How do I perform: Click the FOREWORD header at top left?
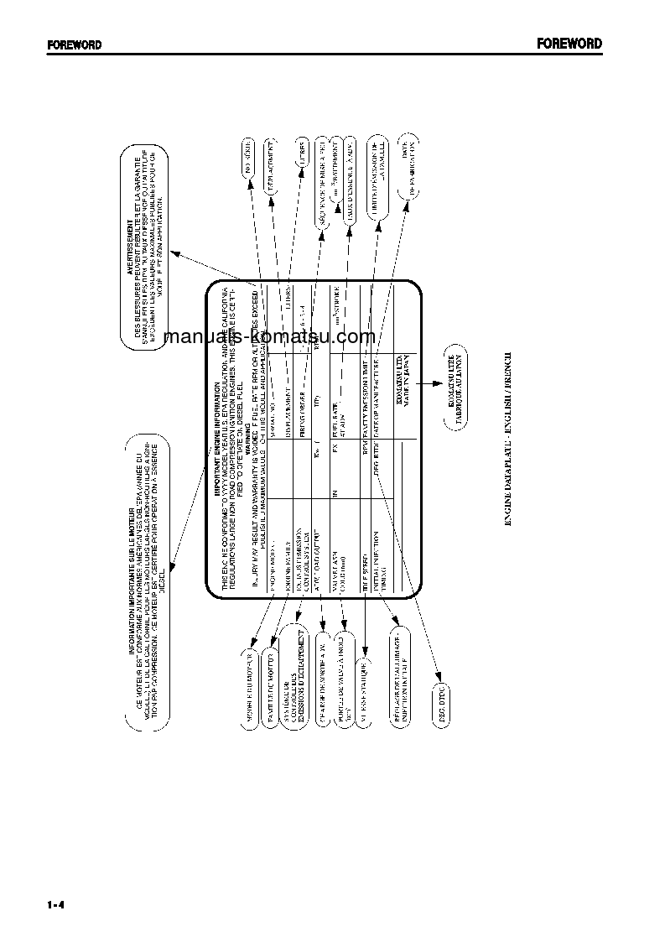point(74,45)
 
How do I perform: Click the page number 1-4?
point(56,904)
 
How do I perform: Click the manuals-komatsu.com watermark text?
point(270,336)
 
